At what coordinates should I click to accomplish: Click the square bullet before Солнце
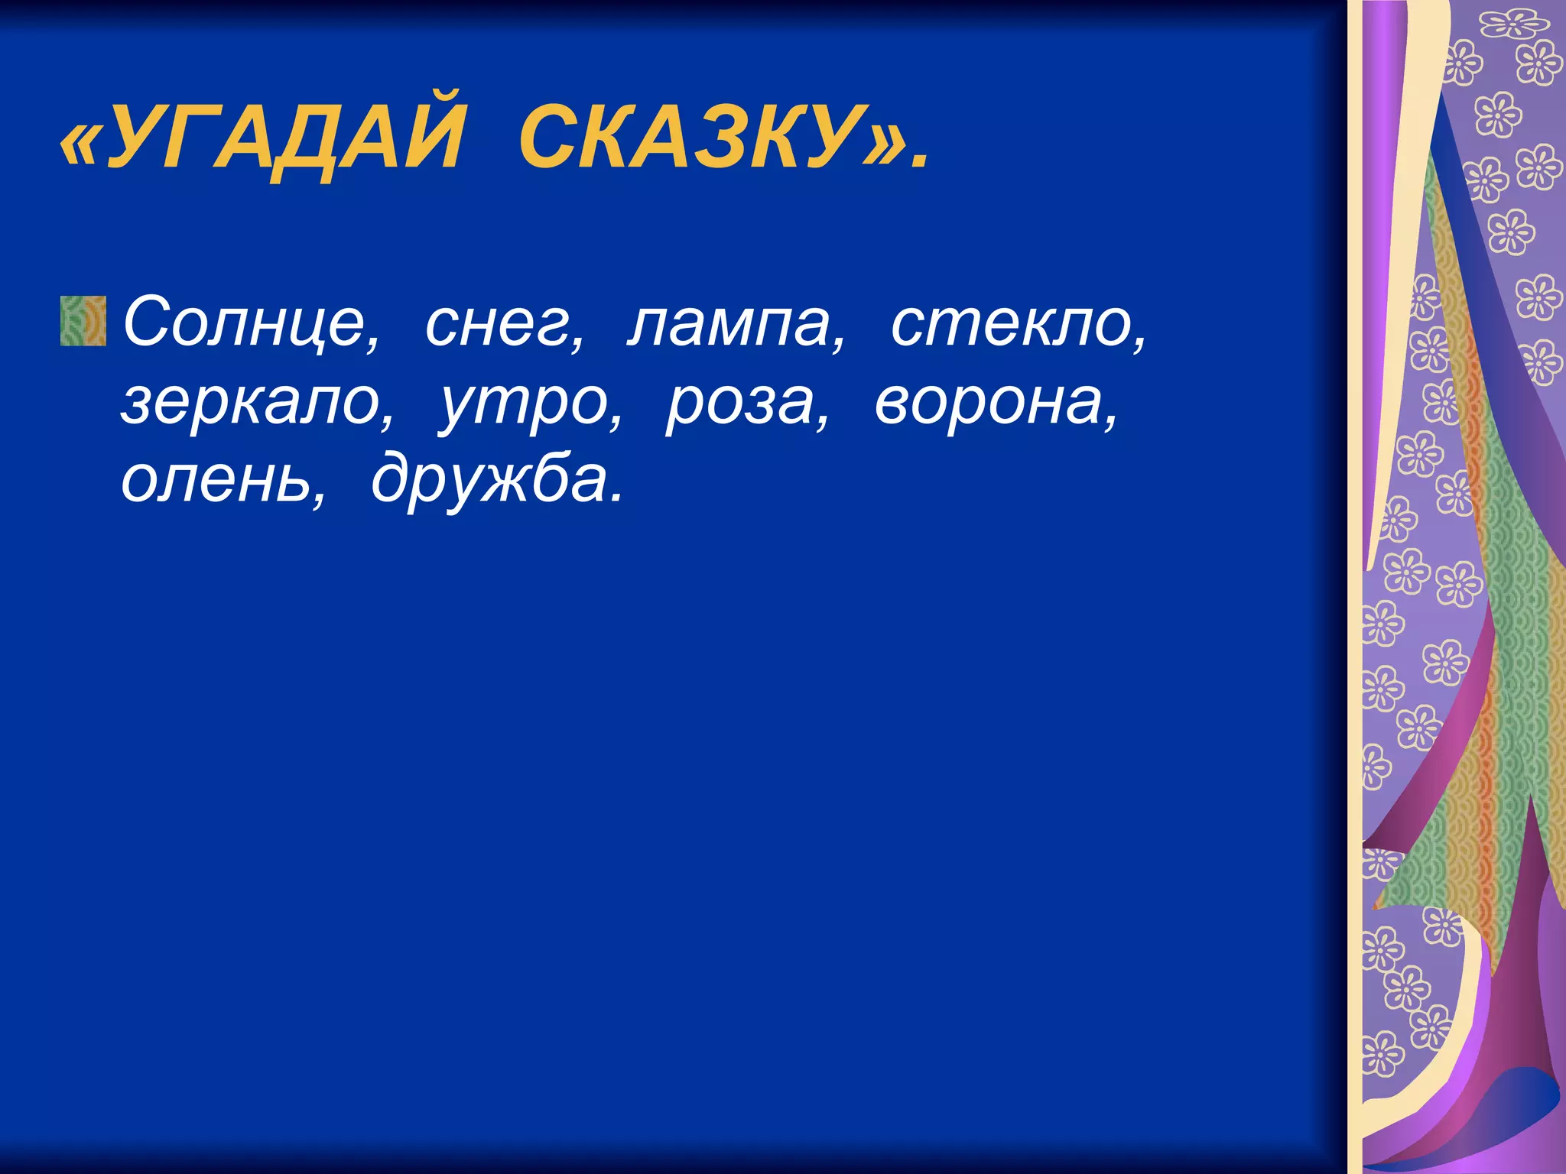click(83, 321)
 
